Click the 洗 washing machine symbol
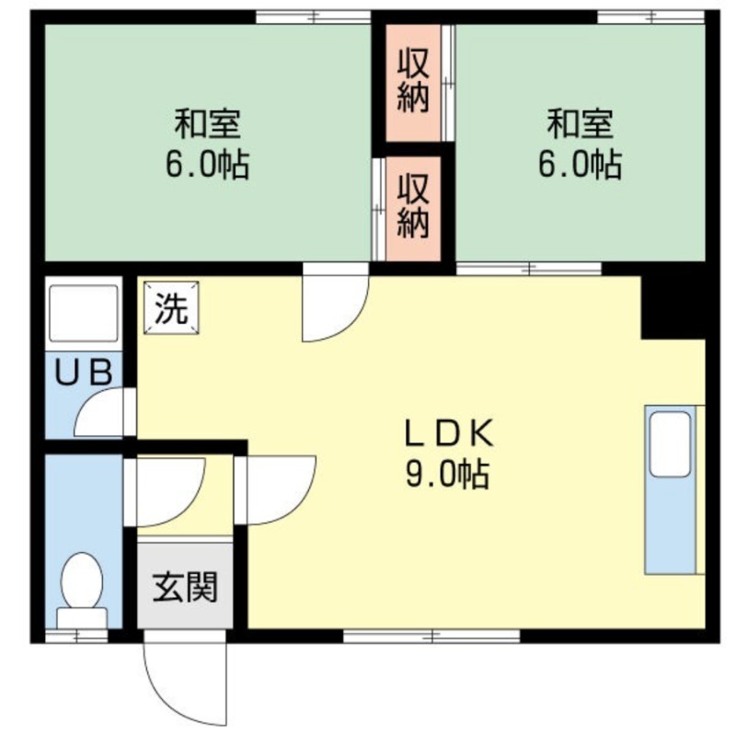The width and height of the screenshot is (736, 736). [x=170, y=307]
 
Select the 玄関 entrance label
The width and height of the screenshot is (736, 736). [x=185, y=586]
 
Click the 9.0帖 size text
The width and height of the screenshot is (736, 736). [x=447, y=476]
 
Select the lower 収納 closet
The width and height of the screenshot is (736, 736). [x=413, y=208]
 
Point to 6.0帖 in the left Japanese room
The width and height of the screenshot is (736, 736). [x=208, y=166]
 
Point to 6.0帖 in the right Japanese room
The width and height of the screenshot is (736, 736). [x=580, y=166]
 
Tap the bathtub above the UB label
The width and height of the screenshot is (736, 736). [x=84, y=314]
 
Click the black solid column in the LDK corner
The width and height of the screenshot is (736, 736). [x=673, y=305]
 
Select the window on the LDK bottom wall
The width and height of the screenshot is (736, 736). [x=432, y=636]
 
